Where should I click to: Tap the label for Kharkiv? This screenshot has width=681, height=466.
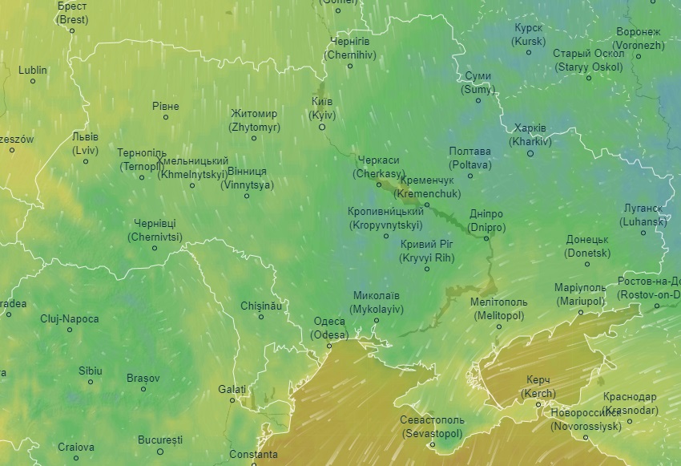[x=530, y=135]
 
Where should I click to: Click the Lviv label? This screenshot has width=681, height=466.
[x=85, y=144]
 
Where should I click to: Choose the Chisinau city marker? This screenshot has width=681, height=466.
[x=261, y=318]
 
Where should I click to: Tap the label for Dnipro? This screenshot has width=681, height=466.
[x=486, y=221]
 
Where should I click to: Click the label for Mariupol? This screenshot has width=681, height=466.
[x=579, y=294]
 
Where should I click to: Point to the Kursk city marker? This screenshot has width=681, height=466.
[x=529, y=53]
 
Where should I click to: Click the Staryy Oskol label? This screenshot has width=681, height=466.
[x=588, y=60]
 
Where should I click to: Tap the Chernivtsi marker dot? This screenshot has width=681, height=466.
[x=155, y=248]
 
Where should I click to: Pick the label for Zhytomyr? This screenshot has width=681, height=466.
[x=254, y=120]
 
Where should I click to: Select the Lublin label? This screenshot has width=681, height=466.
[x=33, y=70]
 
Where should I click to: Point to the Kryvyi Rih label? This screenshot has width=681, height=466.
[x=427, y=250]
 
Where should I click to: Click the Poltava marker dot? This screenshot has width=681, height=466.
[x=470, y=176]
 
